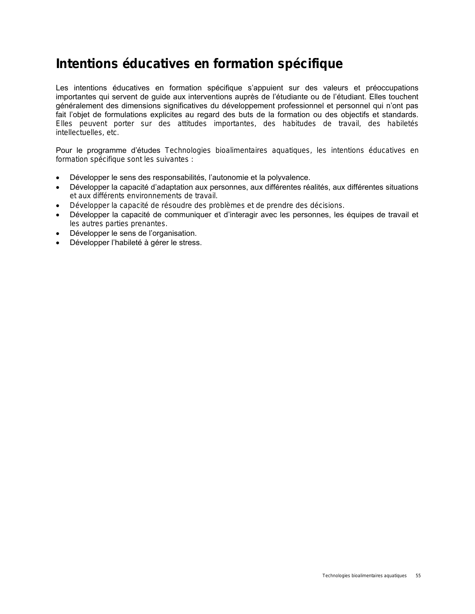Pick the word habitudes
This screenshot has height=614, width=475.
point(299,124)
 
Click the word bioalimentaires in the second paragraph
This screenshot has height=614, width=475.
point(241,151)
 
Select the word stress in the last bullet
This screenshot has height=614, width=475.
point(191,243)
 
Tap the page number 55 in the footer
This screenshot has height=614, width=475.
point(418,576)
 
